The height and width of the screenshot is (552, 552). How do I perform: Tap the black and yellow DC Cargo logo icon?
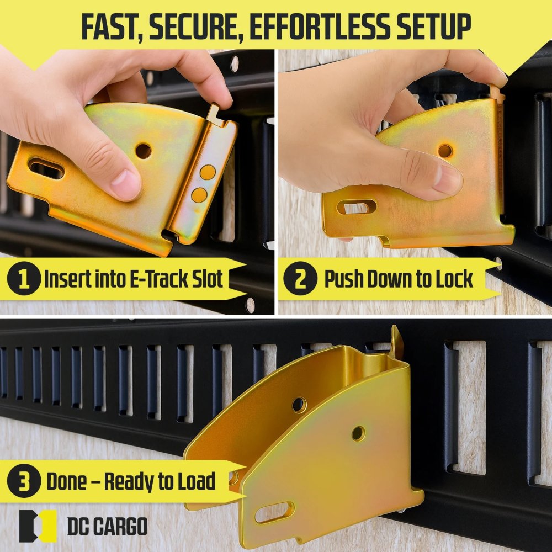point(38,526)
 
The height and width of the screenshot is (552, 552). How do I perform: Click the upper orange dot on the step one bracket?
point(208,172)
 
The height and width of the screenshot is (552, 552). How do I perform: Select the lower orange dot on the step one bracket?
point(200,194)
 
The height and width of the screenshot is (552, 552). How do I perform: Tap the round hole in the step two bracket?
point(444,150)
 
